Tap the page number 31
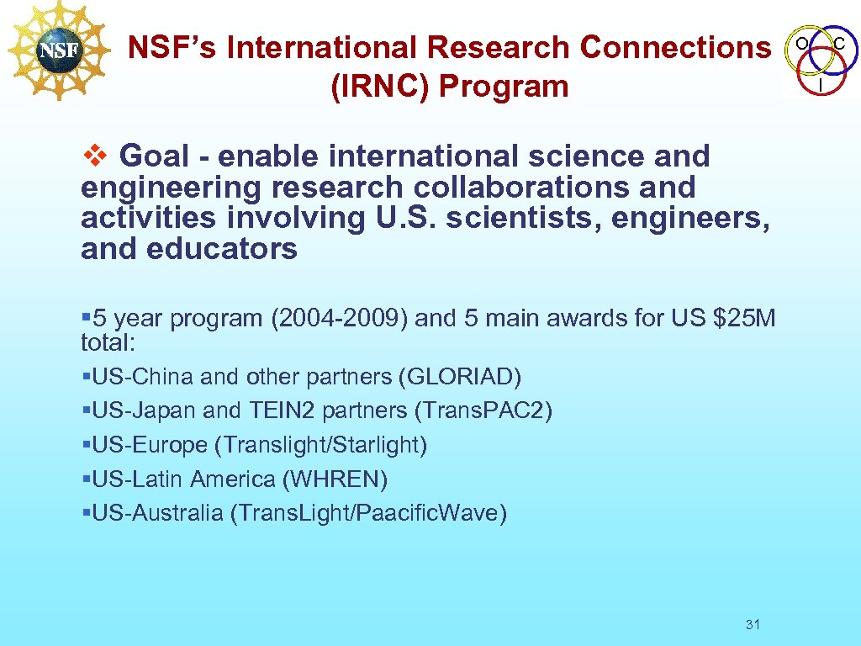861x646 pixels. point(753,624)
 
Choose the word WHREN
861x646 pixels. point(335,479)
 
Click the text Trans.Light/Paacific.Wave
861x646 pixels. point(368,513)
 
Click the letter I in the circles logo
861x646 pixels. point(820,85)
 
